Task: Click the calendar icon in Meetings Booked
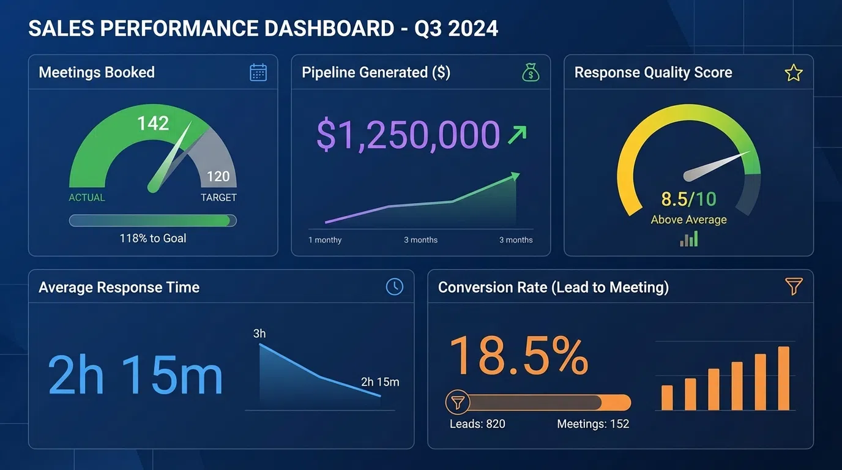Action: point(258,73)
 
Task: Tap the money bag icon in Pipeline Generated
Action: point(531,73)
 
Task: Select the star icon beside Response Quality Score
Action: point(793,73)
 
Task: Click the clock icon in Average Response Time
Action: point(395,286)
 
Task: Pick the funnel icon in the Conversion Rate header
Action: point(793,286)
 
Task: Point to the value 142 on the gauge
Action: point(153,124)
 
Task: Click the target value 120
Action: point(218,177)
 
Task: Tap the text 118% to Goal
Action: point(153,239)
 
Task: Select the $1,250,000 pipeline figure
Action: point(408,135)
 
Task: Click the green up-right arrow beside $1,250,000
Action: point(517,135)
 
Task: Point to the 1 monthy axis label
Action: point(325,240)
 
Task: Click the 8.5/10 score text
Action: point(688,200)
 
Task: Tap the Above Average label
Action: point(688,220)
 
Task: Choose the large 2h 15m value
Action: point(135,376)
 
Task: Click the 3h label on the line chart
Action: point(259,334)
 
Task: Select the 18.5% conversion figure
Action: point(519,356)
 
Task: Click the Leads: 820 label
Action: point(477,424)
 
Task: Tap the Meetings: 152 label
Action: point(593,424)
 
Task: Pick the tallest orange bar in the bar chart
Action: point(783,378)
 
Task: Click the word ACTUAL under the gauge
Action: point(87,198)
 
